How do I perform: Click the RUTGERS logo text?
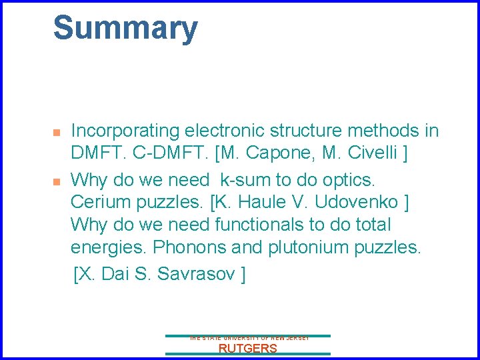click(248, 348)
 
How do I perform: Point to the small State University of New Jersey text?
click(249, 339)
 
